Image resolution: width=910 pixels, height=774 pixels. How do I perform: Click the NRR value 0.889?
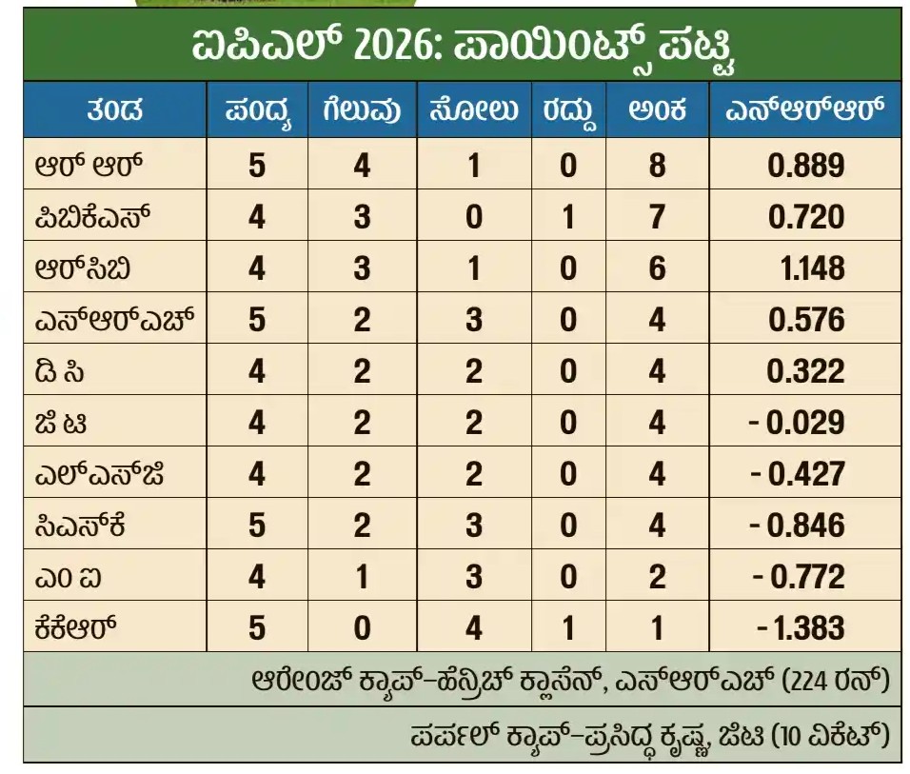click(805, 165)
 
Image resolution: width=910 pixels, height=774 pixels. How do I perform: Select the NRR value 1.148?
click(812, 268)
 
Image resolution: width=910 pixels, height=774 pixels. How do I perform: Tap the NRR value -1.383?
click(801, 628)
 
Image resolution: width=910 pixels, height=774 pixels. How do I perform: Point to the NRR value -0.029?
click(796, 422)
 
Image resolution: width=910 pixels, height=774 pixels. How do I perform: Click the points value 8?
click(657, 165)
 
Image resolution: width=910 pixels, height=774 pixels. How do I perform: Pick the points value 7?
click(657, 216)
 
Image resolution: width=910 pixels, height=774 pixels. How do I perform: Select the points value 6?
click(657, 268)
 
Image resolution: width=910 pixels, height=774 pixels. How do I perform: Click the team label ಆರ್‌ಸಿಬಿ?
click(82, 268)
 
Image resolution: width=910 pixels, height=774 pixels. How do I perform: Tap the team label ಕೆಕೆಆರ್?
click(75, 627)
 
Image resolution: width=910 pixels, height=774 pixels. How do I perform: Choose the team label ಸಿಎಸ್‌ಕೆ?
click(80, 525)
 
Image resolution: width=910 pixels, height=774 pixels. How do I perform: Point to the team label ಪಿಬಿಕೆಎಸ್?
click(92, 217)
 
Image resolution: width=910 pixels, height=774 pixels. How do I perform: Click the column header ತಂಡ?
click(115, 109)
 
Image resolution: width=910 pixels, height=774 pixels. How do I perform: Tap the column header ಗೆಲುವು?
click(362, 109)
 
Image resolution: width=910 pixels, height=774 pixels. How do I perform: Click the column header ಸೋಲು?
click(474, 109)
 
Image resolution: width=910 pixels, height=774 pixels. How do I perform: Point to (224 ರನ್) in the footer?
click(836, 680)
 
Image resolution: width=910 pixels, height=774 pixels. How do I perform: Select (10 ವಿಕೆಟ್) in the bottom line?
click(830, 736)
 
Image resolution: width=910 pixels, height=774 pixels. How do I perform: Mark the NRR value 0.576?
click(806, 320)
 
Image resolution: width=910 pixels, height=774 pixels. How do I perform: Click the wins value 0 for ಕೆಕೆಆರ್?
click(362, 628)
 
